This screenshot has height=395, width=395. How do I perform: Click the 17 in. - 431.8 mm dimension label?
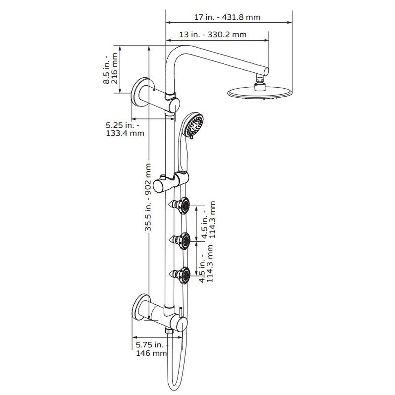(x=227, y=17)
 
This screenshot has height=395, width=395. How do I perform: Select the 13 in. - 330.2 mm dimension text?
(x=213, y=35)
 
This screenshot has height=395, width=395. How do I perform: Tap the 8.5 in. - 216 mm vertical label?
(x=112, y=68)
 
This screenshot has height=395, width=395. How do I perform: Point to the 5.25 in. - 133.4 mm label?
(x=125, y=129)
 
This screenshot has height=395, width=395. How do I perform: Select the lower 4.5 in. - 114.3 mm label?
(x=206, y=264)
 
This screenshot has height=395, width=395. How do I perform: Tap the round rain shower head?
(x=258, y=93)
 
